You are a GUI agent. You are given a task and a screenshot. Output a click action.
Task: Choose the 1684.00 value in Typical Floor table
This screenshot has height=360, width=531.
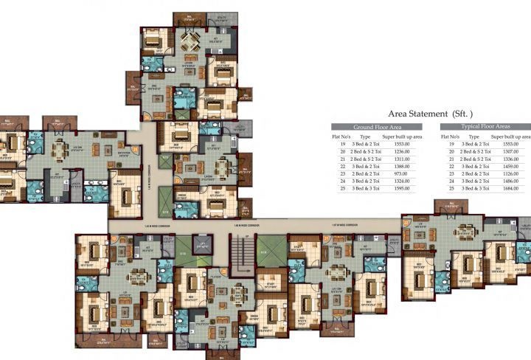521,190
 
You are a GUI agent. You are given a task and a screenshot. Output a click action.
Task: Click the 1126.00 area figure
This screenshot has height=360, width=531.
521,174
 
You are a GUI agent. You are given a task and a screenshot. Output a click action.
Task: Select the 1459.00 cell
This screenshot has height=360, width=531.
521,167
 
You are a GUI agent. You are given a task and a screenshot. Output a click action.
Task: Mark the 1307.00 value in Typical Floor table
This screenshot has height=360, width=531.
521,151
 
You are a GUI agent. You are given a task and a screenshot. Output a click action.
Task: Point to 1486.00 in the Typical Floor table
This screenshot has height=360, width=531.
521,182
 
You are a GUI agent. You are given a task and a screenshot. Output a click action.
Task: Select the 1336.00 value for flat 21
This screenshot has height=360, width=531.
521,159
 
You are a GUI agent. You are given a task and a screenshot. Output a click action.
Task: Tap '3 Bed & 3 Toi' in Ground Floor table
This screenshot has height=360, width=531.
365,190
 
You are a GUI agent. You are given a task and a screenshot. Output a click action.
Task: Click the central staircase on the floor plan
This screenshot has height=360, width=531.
238,255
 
